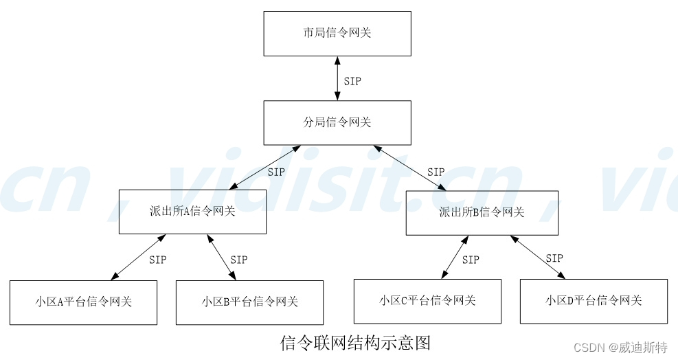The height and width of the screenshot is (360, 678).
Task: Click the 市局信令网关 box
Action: click(337, 33)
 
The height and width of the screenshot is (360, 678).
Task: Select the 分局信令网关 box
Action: click(337, 122)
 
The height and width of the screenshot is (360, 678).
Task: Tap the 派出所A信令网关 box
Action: click(192, 212)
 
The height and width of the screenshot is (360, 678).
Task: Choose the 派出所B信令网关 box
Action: click(482, 212)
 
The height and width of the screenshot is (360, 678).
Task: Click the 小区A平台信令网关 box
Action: click(83, 302)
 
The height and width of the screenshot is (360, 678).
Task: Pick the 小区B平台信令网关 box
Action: click(250, 302)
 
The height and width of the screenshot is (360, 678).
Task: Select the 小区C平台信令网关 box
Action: click(427, 300)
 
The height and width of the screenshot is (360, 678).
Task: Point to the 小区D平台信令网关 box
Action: click(594, 300)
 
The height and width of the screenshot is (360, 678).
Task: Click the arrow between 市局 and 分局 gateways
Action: click(337, 78)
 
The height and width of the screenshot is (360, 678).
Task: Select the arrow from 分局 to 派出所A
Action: click(264, 167)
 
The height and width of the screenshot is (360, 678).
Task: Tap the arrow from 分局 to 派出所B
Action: click(410, 167)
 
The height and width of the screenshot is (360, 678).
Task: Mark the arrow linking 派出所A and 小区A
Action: click(138, 257)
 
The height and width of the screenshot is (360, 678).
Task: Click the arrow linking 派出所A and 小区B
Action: click(221, 257)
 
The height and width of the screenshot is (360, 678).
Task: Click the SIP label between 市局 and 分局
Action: click(352, 81)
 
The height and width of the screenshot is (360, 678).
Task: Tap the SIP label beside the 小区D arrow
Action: click(554, 258)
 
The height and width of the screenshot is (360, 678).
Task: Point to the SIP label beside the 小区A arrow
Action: click(157, 260)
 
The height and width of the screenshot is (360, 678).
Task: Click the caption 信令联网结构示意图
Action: click(355, 342)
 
